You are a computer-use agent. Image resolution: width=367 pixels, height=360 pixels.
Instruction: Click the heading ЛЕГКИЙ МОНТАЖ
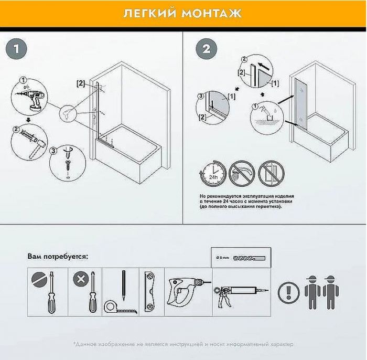pyautogui.click(x=183, y=13)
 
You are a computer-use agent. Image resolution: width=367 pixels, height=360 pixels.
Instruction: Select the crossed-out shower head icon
pyautogui.click(x=241, y=174)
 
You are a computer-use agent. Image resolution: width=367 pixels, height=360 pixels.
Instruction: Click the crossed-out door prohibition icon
pyautogui.click(x=271, y=174)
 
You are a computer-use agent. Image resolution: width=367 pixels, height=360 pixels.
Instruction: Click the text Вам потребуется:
pyautogui.click(x=58, y=257)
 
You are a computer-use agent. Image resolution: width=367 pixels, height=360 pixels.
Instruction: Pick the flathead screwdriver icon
pyautogui.click(x=47, y=291)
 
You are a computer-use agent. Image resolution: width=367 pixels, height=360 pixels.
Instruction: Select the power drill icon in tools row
pyautogui.click(x=186, y=291)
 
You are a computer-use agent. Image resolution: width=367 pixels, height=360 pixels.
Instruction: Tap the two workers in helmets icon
pyautogui.click(x=321, y=292)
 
